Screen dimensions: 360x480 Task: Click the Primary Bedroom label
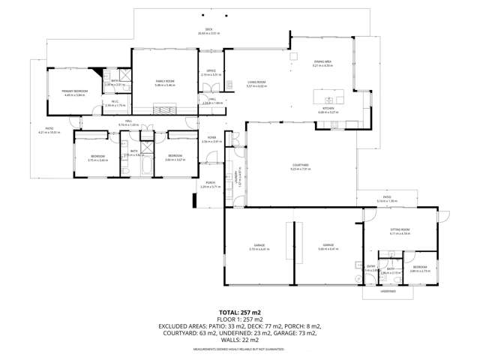pos(76,91)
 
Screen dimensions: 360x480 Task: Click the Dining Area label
pos(322,62)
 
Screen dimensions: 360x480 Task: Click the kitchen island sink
pos(328,99)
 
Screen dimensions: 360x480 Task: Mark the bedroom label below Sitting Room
pos(419,267)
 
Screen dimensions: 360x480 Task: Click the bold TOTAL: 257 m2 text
pos(239,311)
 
